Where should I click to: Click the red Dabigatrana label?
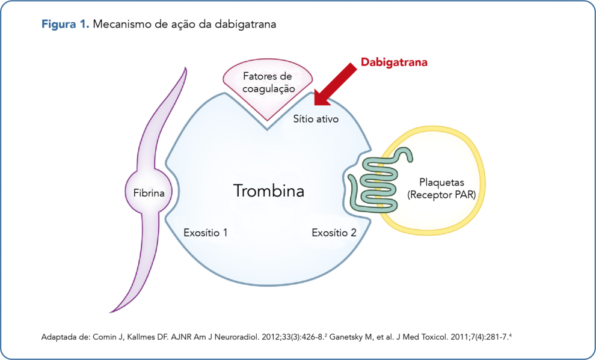click(394, 62)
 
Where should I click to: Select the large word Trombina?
click(269, 191)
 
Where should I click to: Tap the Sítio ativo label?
click(316, 119)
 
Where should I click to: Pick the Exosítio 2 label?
click(334, 232)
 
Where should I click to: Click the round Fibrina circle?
click(149, 192)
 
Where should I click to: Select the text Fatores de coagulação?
click(268, 82)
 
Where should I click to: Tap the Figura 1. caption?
click(66, 25)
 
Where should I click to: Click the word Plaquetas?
click(441, 182)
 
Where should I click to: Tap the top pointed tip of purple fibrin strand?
click(183, 68)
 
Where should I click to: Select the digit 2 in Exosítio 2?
click(354, 232)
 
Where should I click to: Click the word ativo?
click(327, 119)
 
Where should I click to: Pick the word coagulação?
click(269, 88)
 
